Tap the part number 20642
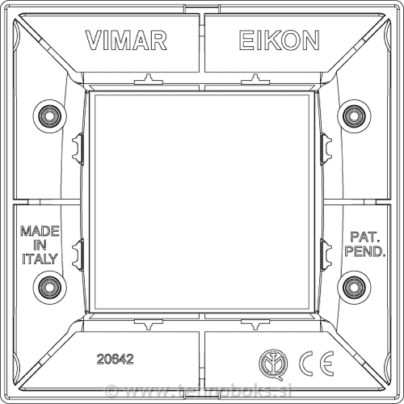click(x=114, y=356)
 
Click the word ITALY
click(x=39, y=259)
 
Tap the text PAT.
click(x=364, y=238)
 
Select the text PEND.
click(x=365, y=252)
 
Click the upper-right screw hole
click(x=353, y=116)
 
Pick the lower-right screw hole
click(x=353, y=286)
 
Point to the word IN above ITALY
click(x=39, y=245)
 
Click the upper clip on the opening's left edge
click(x=78, y=146)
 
